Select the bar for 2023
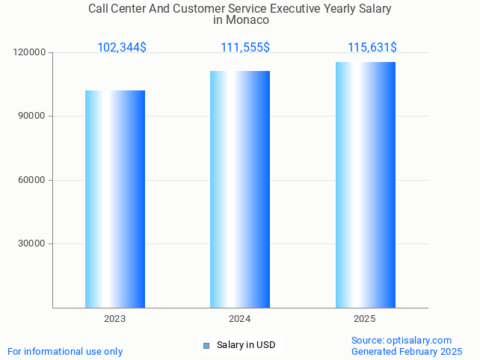pos(115,199)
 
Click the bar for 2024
pos(240,189)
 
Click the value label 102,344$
pos(122,48)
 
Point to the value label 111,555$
pos(245,48)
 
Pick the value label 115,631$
pos(372,48)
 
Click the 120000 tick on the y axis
pos(30,53)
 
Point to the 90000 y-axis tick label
pos(32,117)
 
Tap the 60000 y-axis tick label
pos(32,180)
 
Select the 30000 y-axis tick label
pos(32,243)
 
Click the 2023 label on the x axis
pos(114,319)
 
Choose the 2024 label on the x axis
pos(240,319)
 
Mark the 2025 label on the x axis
pos(365,319)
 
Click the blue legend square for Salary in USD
pos(206,345)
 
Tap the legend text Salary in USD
pos(246,345)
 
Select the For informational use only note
pos(65,351)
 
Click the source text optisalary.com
pos(422,340)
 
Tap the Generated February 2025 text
pos(407,351)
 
